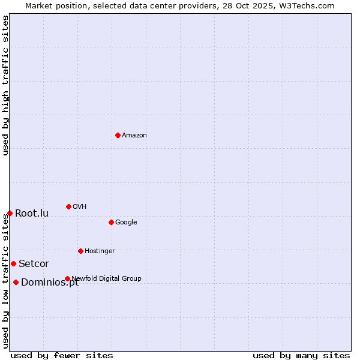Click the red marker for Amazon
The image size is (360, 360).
click(118, 135)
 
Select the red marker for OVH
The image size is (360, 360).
click(68, 206)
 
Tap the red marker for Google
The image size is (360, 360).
click(111, 222)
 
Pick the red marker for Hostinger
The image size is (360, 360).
click(80, 251)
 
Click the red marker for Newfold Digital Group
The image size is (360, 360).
click(67, 278)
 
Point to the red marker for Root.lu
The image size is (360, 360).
click(10, 213)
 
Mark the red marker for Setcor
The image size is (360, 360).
click(13, 263)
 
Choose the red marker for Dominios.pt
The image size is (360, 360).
click(16, 282)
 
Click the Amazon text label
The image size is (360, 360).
click(134, 136)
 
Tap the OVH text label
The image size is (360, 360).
click(80, 207)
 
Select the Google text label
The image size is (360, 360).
click(126, 223)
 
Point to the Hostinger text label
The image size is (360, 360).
click(100, 251)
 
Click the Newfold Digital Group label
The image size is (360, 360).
click(106, 278)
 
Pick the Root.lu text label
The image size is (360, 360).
click(32, 214)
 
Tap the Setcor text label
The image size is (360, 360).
click(34, 264)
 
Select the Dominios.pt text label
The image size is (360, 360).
click(50, 283)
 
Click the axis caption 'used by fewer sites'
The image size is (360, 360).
click(62, 355)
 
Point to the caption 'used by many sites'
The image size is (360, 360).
click(301, 355)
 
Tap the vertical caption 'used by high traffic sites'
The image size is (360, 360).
click(5, 85)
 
